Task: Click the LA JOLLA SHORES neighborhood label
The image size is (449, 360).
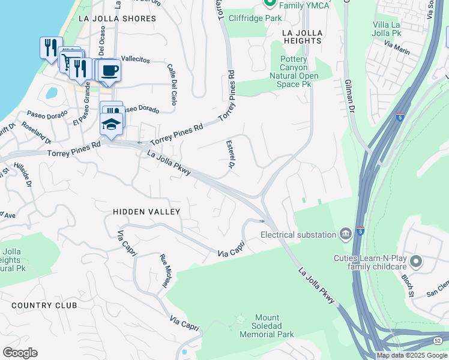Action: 117,19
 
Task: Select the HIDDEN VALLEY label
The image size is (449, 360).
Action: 146,212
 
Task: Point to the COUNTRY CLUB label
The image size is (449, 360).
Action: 44,305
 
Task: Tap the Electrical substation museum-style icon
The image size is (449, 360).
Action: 346,233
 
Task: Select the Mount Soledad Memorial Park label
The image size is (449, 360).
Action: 267,326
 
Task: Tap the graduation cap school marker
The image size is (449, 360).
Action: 111,124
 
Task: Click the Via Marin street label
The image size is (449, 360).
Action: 397,47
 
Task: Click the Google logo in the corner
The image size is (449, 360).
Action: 20,353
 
